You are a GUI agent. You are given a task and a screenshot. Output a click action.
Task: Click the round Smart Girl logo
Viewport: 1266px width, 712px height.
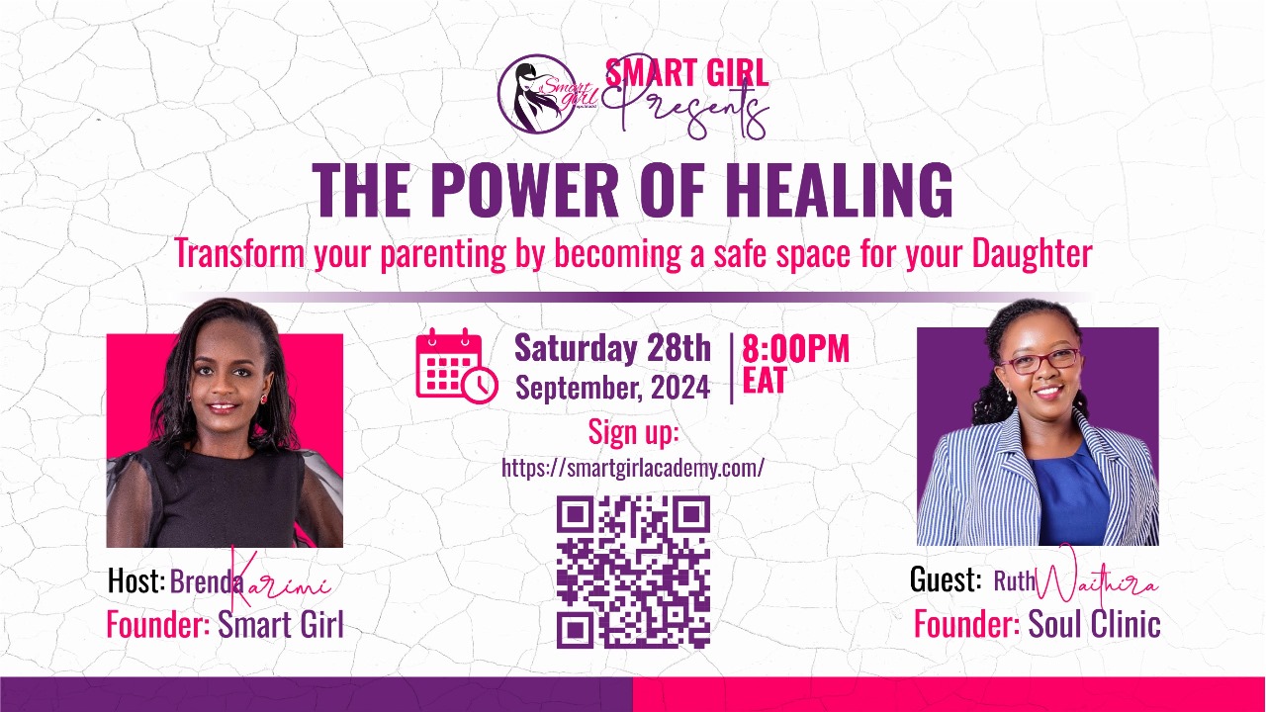tap(537, 93)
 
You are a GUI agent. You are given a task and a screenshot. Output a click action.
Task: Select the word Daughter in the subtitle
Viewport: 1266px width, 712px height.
tap(1032, 253)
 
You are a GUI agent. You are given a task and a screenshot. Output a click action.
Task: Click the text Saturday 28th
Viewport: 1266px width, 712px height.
tap(612, 348)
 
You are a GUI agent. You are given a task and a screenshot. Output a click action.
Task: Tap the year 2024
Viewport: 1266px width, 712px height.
tap(679, 388)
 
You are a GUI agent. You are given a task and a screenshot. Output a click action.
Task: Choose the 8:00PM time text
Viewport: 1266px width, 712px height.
tap(795, 349)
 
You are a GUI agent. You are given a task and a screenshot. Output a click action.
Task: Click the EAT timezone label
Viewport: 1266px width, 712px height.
tap(764, 382)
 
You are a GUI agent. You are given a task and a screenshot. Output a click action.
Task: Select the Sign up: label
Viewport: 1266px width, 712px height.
tap(633, 432)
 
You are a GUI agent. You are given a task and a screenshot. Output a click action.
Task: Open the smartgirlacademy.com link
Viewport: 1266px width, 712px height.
tap(633, 468)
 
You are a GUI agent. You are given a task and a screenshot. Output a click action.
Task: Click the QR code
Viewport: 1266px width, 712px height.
tap(633, 572)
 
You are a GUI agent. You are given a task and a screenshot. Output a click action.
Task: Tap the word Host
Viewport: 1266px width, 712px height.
tap(136, 582)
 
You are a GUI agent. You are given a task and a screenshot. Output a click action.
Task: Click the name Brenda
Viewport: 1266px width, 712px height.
tap(206, 582)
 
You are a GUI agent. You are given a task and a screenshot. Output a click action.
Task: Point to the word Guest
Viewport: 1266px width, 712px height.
tap(945, 580)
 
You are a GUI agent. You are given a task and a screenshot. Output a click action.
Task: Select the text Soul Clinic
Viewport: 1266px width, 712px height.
tap(1094, 624)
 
